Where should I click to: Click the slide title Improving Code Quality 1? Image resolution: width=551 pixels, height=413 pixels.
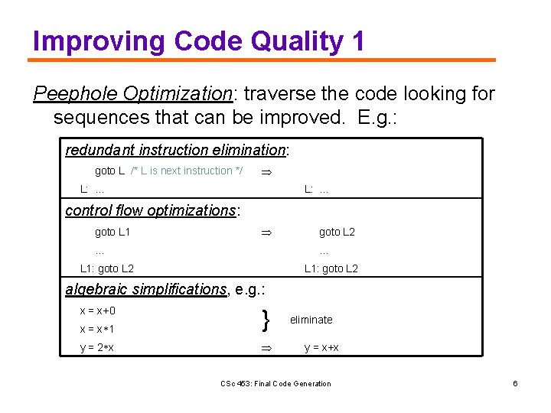199,41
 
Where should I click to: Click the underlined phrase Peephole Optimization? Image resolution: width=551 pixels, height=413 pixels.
132,94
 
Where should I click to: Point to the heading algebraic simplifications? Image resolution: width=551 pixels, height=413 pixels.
145,289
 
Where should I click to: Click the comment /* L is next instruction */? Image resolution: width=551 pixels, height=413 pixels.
187,171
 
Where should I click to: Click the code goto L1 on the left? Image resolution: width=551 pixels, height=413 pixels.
112,232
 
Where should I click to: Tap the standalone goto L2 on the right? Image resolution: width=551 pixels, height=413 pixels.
337,232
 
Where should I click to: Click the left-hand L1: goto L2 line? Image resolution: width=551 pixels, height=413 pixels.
107,268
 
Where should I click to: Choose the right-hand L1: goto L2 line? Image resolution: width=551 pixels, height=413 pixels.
331,268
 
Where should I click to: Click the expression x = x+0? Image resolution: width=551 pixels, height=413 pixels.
98,311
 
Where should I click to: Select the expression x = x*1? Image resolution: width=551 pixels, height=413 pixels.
97,329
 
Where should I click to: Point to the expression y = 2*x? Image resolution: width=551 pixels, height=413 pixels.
97,348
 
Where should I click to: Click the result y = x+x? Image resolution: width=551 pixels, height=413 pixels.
321,348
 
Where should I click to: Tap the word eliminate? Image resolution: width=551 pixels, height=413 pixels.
311,320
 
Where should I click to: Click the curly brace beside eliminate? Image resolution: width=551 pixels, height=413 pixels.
265,320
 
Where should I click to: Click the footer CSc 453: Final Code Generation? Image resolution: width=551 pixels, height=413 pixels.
275,383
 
